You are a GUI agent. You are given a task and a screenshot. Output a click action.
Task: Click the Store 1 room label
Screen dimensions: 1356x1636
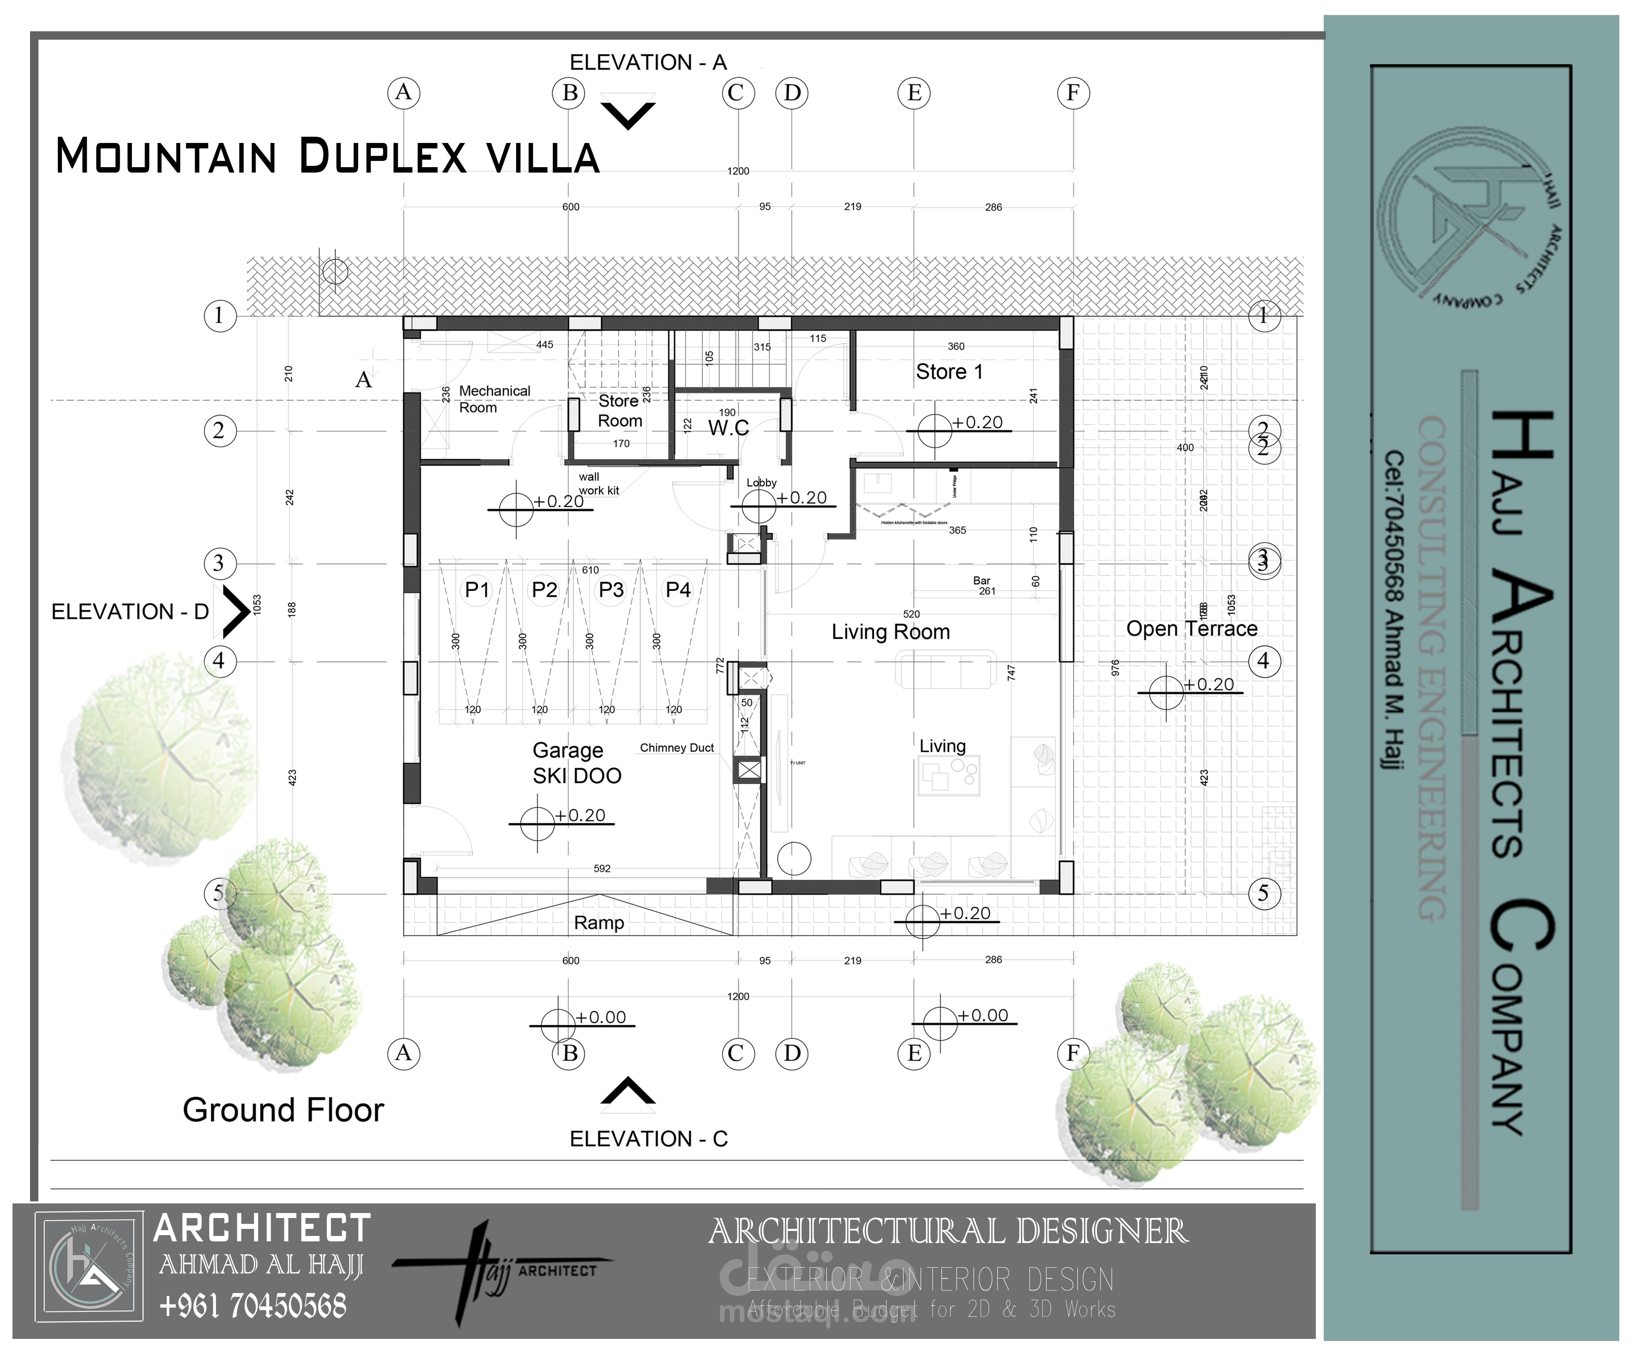(x=949, y=372)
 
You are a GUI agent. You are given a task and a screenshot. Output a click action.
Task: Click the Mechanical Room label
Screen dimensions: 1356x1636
(x=494, y=399)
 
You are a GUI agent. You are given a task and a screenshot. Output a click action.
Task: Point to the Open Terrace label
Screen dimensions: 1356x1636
(x=1191, y=629)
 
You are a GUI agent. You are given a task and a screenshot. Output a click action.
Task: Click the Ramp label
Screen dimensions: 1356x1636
(x=598, y=923)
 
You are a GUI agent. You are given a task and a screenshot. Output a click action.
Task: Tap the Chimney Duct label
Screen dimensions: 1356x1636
(x=676, y=748)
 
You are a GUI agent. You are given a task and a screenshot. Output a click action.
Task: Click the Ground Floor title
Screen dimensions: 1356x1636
(x=283, y=1110)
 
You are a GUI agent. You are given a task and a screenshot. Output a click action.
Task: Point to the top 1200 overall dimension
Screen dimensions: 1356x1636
(x=738, y=170)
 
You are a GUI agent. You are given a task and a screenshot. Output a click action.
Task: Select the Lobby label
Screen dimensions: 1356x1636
(x=761, y=483)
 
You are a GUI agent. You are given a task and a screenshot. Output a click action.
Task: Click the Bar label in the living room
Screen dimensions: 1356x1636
(x=981, y=580)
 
